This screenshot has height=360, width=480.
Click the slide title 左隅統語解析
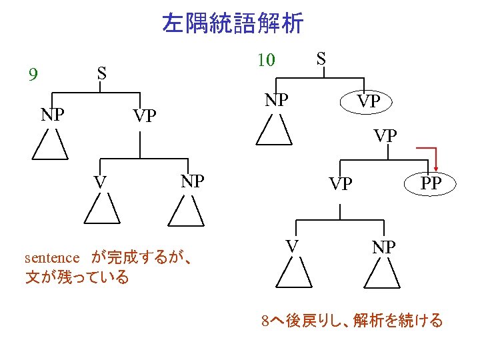point(233,24)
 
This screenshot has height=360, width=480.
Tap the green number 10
point(265,60)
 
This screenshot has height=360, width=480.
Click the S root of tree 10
point(321,58)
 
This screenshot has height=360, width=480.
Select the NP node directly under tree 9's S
point(52,114)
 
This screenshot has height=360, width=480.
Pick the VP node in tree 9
point(144,117)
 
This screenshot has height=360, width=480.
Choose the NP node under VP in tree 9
point(192,181)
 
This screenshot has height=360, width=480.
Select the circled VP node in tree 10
point(366,102)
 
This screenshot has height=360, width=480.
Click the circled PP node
point(431,183)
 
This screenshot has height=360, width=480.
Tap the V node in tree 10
point(292,247)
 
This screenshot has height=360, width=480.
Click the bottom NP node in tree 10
point(383,247)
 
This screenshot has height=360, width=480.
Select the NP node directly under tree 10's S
point(276,100)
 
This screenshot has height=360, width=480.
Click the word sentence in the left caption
point(52,257)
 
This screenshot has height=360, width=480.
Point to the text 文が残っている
point(77,277)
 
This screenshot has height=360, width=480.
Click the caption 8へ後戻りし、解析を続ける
point(352,321)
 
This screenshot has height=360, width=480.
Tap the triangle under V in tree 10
point(293,275)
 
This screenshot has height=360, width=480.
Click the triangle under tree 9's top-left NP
point(51,145)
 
